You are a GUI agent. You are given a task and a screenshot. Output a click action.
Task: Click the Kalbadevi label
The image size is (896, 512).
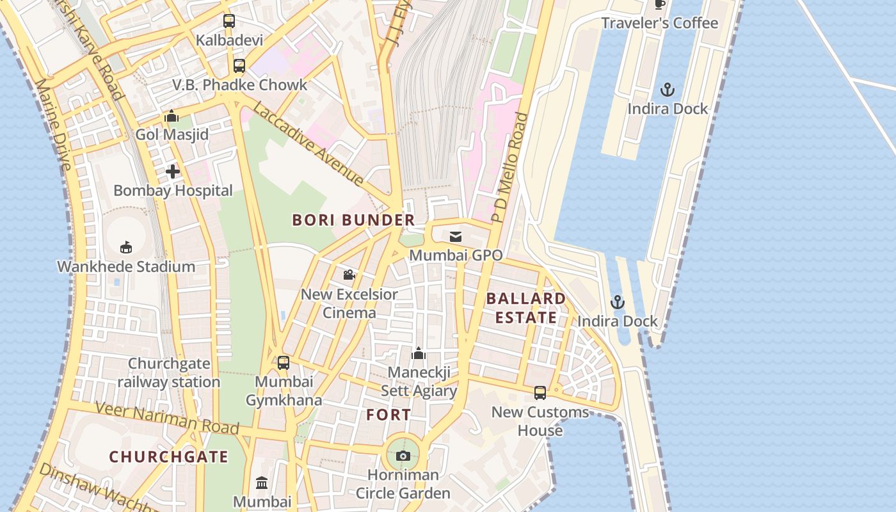pos(229,40)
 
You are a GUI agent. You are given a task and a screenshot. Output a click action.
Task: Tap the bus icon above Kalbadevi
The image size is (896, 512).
pos(229,21)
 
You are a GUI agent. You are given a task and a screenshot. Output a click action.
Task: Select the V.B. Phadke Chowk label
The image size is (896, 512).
pos(239,84)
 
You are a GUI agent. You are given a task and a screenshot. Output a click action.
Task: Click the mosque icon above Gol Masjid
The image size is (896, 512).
pos(171,116)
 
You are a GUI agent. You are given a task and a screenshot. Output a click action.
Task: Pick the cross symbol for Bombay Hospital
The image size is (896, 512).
pos(172,172)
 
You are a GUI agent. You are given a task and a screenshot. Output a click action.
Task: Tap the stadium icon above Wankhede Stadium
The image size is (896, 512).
pos(126,247)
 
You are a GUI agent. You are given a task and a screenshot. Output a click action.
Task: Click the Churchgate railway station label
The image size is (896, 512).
pos(169,372)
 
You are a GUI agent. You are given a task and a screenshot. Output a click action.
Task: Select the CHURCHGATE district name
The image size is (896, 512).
pos(168,456)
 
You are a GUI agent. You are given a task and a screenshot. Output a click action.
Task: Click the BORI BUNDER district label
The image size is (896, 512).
pos(353,220)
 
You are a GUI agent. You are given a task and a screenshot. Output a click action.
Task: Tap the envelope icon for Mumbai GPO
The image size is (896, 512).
pos(455,237)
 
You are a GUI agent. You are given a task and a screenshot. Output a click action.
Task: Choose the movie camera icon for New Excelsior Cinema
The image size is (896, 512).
pos(349,275)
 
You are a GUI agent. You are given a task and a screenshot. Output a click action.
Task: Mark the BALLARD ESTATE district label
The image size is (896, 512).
pos(525,308)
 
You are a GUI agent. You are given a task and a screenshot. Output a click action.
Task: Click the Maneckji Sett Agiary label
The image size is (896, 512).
pos(419,381)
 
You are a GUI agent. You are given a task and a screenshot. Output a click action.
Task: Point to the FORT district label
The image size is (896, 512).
pos(388,415)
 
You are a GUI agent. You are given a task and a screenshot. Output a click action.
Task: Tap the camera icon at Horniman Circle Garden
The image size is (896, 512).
pos(403,456)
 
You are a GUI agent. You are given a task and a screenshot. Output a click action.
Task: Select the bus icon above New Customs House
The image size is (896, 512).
pos(540,393)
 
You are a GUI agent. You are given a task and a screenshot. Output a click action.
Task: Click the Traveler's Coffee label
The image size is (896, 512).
pos(659,23)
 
